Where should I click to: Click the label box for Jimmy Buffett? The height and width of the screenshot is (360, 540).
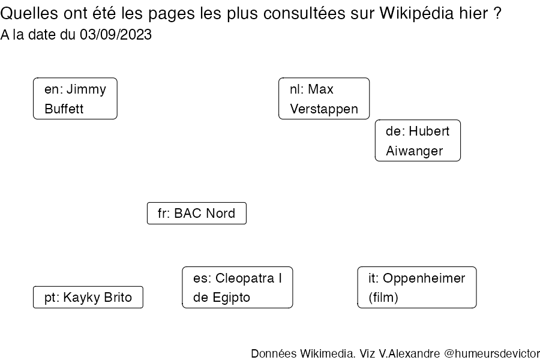[x=75, y=98]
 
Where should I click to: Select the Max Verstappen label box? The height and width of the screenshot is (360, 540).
[x=324, y=98]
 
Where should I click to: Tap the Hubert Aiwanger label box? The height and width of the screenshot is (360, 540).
[x=418, y=140]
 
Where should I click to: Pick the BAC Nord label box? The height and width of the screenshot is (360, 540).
[x=197, y=213]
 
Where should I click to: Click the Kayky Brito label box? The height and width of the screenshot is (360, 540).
[x=88, y=297]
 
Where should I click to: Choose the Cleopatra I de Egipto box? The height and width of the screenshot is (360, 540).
[x=238, y=287]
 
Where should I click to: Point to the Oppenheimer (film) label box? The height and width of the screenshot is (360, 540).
[x=417, y=287]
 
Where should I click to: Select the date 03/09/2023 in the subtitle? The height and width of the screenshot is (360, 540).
[x=116, y=35]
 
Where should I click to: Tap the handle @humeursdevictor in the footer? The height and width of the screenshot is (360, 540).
[x=492, y=353]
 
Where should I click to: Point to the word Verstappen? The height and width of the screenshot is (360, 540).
[x=324, y=109]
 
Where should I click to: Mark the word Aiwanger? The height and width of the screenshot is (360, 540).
[x=414, y=151]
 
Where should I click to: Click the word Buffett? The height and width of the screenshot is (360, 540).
[x=64, y=109]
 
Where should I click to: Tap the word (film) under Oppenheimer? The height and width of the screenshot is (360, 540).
[x=383, y=298]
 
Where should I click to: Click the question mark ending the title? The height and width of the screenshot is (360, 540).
[x=497, y=13]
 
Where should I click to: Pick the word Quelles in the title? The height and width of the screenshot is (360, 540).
[x=29, y=13]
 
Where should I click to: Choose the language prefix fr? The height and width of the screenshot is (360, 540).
[x=164, y=213]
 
